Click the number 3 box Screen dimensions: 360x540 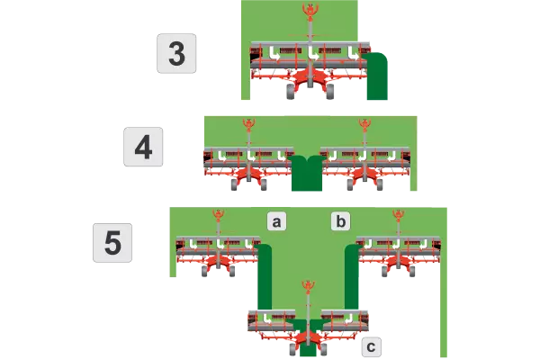pyautogui.click(x=177, y=53)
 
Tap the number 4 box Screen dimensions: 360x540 pyautogui.click(x=143, y=147)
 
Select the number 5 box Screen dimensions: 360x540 pyautogui.click(x=113, y=243)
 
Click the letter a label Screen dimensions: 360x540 pyautogui.click(x=277, y=220)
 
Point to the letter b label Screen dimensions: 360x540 pyautogui.click(x=340, y=220)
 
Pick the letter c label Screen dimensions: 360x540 pyautogui.click(x=372, y=345)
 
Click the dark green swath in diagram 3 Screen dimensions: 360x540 pyautogui.click(x=375, y=76)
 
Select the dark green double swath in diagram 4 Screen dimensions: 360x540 pyautogui.click(x=306, y=173)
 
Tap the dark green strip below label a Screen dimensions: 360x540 pyautogui.click(x=265, y=279)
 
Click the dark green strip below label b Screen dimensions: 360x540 pyautogui.click(x=351, y=279)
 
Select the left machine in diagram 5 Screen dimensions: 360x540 pyautogui.click(x=218, y=252)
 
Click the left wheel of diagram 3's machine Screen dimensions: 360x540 pyautogui.click(x=290, y=89)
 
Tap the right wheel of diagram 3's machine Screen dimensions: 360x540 pyautogui.click(x=329, y=89)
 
